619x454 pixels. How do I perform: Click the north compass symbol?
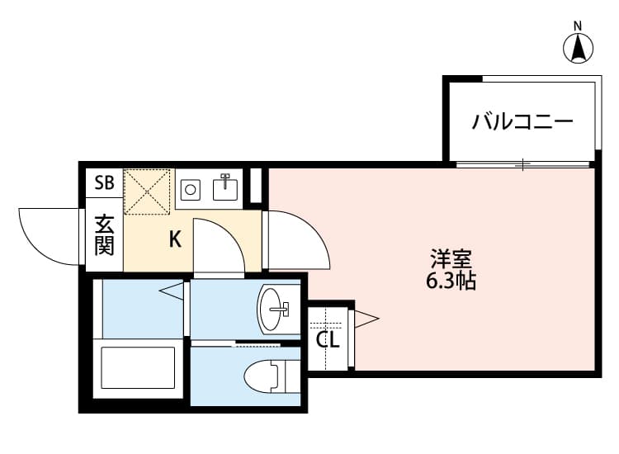click(x=579, y=47)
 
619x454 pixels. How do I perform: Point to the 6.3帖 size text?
click(x=451, y=281)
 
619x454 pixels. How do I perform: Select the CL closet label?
click(x=328, y=339)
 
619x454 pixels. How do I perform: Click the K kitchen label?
click(x=176, y=240)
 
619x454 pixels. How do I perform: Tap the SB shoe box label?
click(x=104, y=182)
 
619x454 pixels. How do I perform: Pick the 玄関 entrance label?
click(x=104, y=235)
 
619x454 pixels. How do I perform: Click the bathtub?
click(x=138, y=368)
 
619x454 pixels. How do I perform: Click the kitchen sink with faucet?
click(x=224, y=188)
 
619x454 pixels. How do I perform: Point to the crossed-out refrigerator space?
click(x=147, y=192)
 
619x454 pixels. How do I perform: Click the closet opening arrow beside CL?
click(x=366, y=317)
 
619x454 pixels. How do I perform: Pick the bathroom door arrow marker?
click(x=171, y=290)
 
